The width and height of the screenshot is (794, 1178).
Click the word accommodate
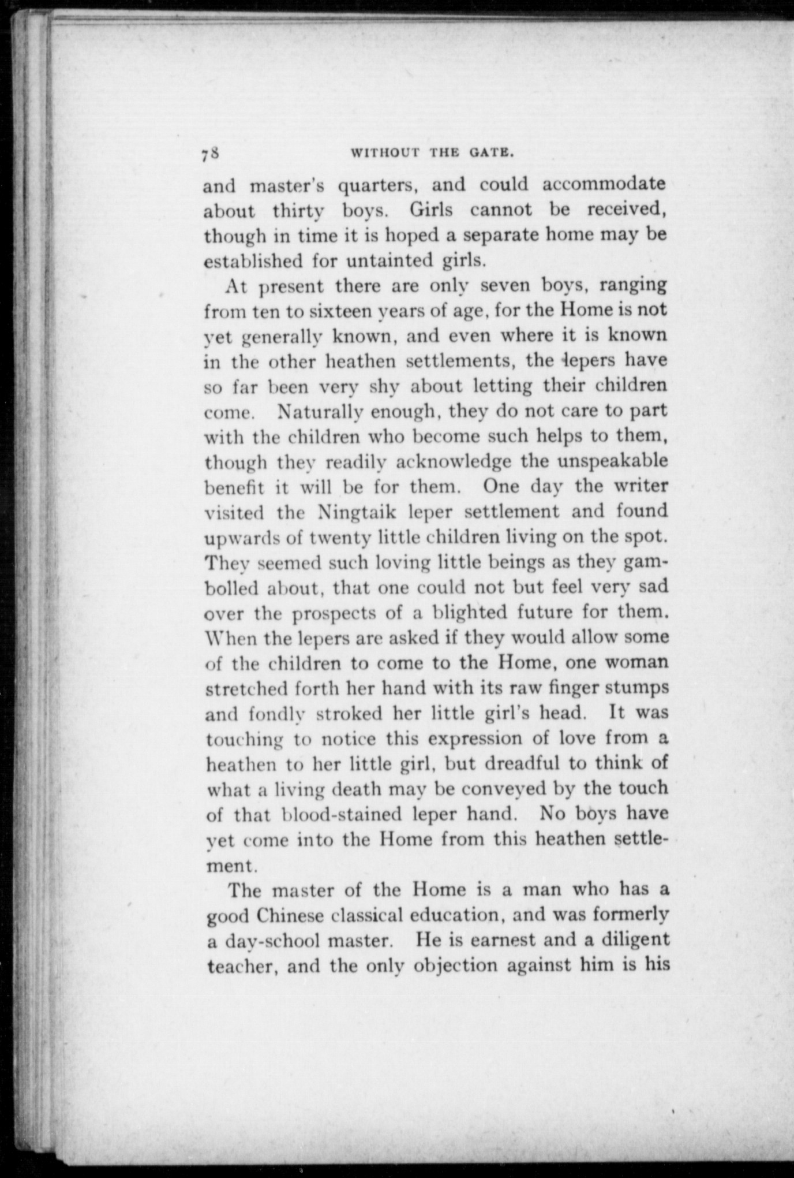point(604,184)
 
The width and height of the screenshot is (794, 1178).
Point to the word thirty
point(298,210)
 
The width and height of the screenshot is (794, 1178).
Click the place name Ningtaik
point(358,512)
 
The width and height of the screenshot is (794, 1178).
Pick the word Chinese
point(298,916)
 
